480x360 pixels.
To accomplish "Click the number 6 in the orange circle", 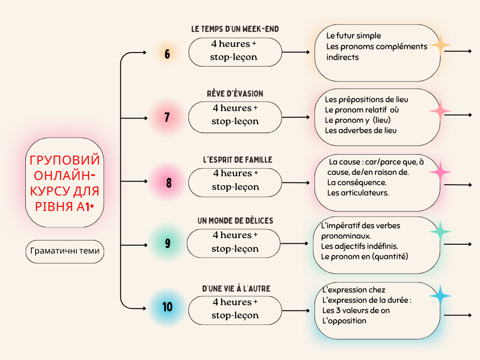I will click(x=167, y=54).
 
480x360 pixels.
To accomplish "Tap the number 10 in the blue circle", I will click(x=167, y=307).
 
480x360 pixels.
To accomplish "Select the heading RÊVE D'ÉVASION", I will click(x=235, y=94).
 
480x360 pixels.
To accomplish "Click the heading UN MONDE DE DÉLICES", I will click(x=235, y=220).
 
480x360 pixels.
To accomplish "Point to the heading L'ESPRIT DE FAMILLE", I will click(x=235, y=160).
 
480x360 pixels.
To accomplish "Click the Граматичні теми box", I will click(x=65, y=251).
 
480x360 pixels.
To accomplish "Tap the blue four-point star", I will click(x=440, y=296).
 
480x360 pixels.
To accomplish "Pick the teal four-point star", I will click(x=440, y=232).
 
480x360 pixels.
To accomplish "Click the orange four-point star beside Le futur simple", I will click(x=440, y=45).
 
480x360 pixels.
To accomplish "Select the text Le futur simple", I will click(x=354, y=36).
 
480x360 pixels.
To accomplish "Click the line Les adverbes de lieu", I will click(x=360, y=130).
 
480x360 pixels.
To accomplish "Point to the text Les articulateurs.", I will click(x=358, y=193).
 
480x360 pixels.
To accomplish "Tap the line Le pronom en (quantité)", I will click(x=364, y=256).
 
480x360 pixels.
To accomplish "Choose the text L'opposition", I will click(x=344, y=321).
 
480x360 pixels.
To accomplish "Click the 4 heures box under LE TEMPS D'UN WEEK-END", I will click(x=235, y=51).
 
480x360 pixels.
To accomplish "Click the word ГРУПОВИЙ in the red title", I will click(x=65, y=160).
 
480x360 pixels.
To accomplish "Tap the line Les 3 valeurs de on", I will click(x=356, y=310).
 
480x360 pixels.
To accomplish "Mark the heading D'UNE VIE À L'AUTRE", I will click(x=236, y=289).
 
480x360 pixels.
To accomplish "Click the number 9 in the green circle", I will click(x=167, y=244).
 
